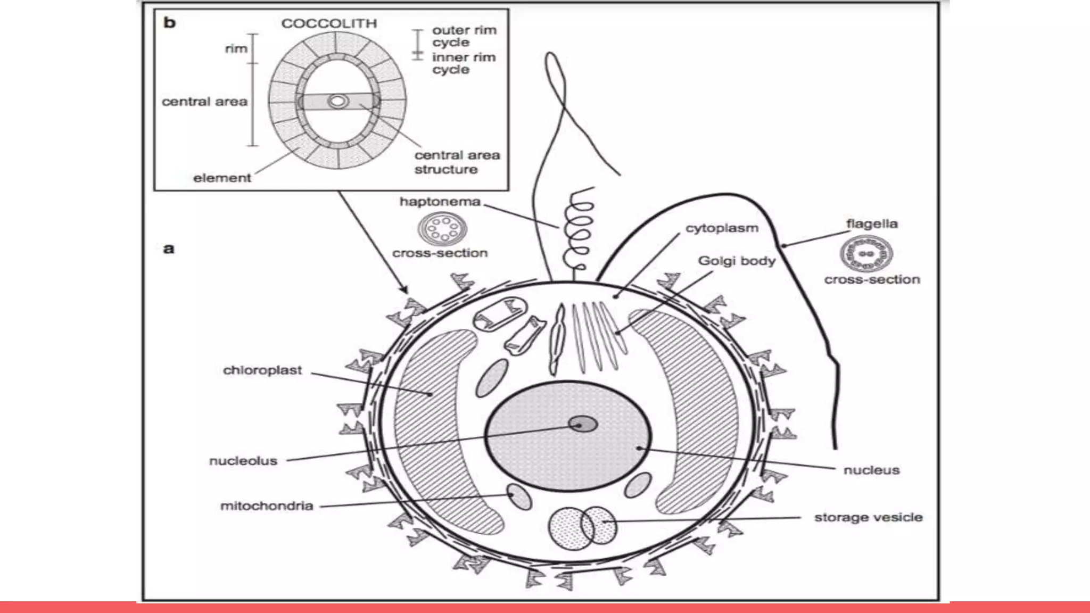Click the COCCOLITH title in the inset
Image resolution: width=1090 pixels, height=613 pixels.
[x=329, y=23]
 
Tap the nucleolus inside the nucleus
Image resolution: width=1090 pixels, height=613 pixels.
[x=583, y=424]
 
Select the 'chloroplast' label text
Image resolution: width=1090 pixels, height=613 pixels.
[x=262, y=370]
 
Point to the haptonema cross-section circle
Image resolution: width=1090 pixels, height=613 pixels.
[x=442, y=229]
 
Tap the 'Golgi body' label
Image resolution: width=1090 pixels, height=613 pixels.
[x=737, y=261]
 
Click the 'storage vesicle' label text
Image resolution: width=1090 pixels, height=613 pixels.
[x=868, y=517]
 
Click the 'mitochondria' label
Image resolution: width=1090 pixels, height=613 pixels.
[x=267, y=506]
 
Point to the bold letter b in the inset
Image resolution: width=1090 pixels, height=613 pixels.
[x=169, y=22]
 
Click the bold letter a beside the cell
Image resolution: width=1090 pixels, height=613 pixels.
[x=168, y=248]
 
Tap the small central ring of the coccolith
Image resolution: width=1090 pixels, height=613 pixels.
[x=337, y=101]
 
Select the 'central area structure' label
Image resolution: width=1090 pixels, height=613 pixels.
[x=457, y=162]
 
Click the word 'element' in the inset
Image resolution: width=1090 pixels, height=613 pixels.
[x=221, y=178]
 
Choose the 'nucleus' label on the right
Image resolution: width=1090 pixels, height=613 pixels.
[x=871, y=470]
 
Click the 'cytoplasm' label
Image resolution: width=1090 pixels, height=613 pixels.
[x=721, y=228]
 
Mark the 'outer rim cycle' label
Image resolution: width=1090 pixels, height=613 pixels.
[x=464, y=36]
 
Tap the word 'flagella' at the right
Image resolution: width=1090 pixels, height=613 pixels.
[x=872, y=223]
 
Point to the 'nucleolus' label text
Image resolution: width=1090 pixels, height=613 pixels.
[x=243, y=461]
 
